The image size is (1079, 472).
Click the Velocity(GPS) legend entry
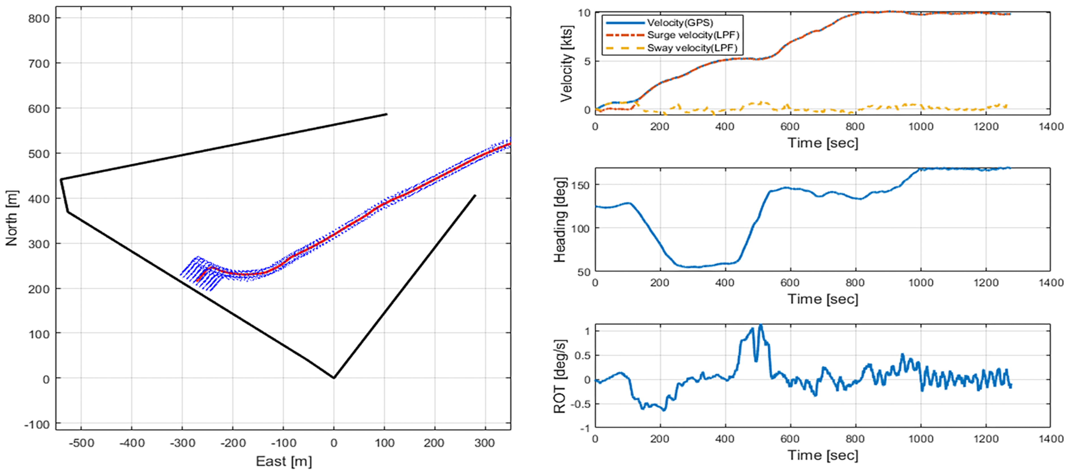click(x=679, y=23)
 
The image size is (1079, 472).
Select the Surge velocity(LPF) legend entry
click(x=693, y=35)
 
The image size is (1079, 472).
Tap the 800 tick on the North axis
click(x=39, y=18)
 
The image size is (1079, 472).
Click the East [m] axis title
click(x=283, y=461)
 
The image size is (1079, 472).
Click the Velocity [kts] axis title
click(x=566, y=63)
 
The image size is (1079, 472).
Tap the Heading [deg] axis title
click(x=560, y=220)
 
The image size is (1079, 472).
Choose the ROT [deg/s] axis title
click(x=560, y=376)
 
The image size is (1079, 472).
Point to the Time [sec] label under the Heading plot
click(x=823, y=299)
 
